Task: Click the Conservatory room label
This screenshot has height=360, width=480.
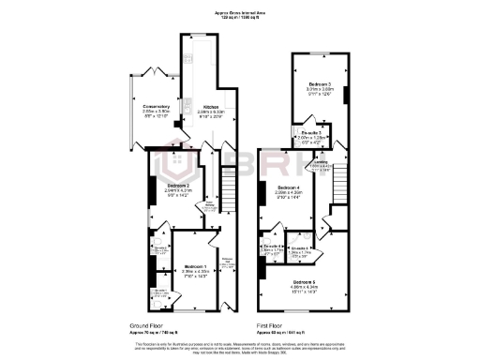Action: tap(156, 106)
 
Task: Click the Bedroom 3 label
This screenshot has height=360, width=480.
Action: tap(321, 87)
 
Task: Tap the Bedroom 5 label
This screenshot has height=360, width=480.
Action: tap(304, 281)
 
